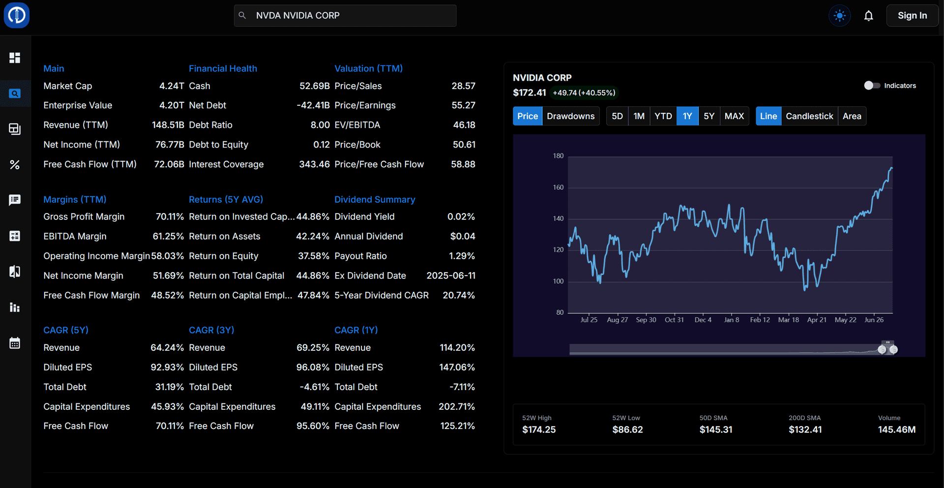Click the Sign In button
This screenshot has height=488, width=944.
912,16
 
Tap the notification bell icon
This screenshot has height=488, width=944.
869,16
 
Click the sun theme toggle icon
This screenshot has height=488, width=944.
840,16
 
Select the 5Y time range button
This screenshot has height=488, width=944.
708,116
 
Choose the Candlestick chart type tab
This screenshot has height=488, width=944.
809,116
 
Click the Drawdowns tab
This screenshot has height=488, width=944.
570,116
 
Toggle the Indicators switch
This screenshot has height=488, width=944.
872,86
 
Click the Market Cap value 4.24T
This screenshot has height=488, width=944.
172,86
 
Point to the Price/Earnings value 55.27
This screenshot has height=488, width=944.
463,105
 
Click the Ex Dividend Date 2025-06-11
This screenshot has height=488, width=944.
451,276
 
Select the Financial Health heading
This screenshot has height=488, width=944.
223,68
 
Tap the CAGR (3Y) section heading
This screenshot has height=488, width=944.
211,330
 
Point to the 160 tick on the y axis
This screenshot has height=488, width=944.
558,187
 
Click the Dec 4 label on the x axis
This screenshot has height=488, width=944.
703,320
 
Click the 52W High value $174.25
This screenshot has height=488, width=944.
539,429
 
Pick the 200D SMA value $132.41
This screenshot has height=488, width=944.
805,429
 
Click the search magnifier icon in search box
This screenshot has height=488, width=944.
242,16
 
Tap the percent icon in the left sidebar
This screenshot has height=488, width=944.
15,165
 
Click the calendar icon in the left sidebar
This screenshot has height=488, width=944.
15,343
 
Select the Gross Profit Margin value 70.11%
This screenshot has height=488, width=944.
170,217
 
